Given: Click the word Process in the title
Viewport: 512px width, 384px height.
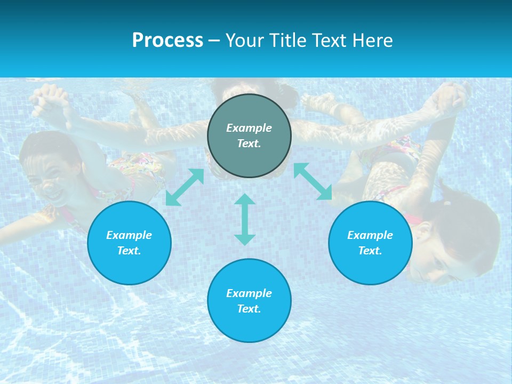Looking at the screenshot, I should pyautogui.click(x=167, y=41).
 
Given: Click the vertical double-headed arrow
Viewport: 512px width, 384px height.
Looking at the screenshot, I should pyautogui.click(x=245, y=219).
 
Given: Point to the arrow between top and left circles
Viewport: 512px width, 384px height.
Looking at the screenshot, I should pyautogui.click(x=185, y=187).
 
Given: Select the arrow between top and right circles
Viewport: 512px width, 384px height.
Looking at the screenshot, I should pyautogui.click(x=313, y=181).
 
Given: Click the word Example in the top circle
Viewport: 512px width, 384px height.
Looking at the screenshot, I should pyautogui.click(x=249, y=128).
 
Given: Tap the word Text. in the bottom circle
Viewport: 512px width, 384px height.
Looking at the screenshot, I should pyautogui.click(x=249, y=309).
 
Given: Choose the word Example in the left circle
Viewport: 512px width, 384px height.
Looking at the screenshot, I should pyautogui.click(x=129, y=235).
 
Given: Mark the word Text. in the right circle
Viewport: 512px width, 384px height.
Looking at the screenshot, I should pyautogui.click(x=370, y=251).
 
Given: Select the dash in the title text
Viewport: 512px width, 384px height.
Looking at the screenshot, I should pyautogui.click(x=214, y=41).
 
